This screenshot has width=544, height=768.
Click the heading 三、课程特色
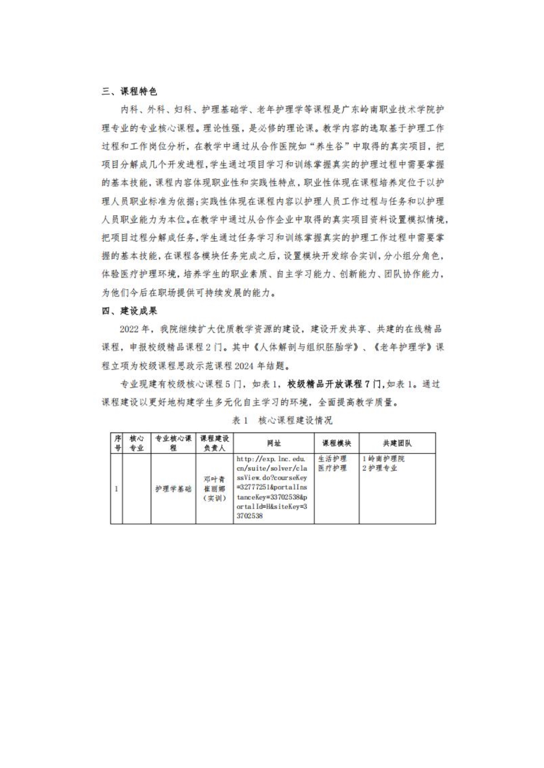(x=129, y=92)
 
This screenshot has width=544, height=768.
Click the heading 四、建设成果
(x=129, y=311)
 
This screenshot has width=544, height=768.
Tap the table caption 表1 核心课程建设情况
(x=282, y=421)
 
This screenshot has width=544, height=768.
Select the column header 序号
(x=117, y=443)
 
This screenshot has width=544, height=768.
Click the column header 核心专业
(x=136, y=443)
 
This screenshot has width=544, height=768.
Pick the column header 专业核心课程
(x=173, y=443)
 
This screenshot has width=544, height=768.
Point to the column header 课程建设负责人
(x=215, y=443)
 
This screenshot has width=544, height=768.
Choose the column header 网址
(x=274, y=443)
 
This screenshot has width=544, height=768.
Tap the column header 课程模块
(x=336, y=443)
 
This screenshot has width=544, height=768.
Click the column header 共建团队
(x=397, y=443)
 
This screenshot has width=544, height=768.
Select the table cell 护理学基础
(x=173, y=489)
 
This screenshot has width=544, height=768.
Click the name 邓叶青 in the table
(x=215, y=480)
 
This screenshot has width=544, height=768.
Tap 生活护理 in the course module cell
(x=332, y=459)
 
